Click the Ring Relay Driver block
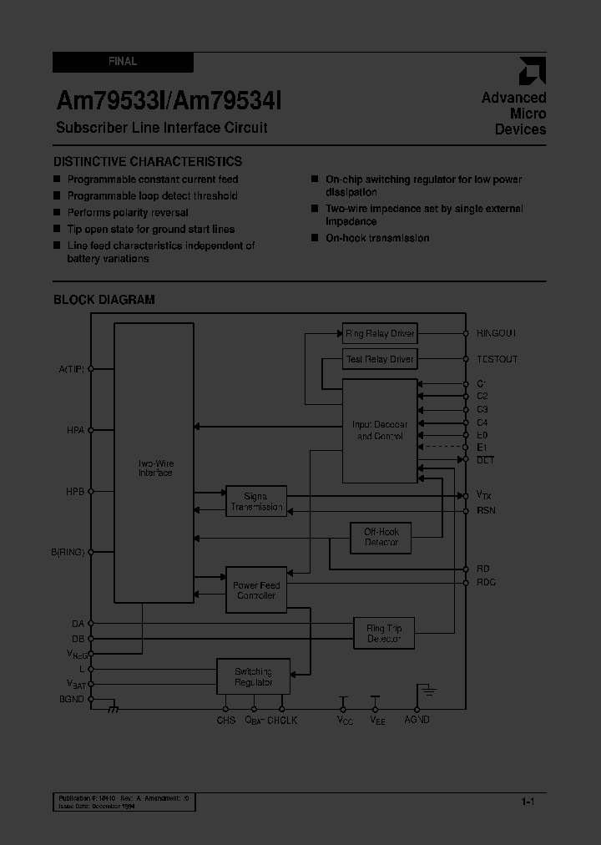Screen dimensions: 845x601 pos(380,334)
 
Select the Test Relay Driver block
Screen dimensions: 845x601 pos(380,359)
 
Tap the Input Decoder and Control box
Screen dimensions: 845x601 pos(380,430)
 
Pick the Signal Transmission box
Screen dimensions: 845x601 pos(256,501)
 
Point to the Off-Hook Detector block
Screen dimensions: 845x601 pos(381,537)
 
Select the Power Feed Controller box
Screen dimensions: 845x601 pos(256,590)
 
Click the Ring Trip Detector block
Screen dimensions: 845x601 pos(384,633)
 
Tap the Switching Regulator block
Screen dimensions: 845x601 pos(253,676)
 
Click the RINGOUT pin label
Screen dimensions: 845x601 pos(497,333)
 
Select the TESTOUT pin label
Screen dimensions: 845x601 pos(497,359)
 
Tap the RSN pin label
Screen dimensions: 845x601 pos(486,509)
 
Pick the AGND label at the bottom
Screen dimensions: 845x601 pos(417,720)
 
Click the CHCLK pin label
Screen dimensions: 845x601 pos(282,720)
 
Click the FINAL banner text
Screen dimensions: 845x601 pos(123,62)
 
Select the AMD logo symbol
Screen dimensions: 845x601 pos(532,72)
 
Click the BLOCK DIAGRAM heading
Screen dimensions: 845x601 pos(104,300)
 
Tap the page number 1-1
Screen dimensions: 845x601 pos(528,802)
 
